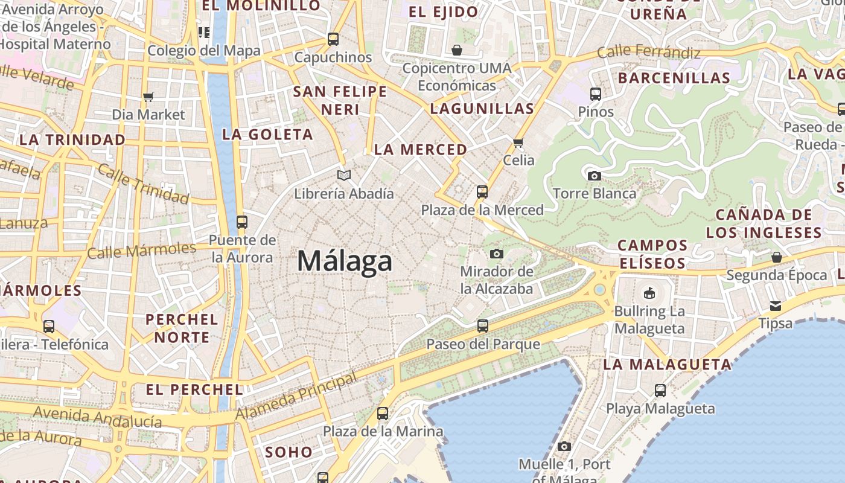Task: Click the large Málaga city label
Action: pyautogui.click(x=345, y=261)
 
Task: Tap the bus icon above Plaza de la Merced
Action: pyautogui.click(x=482, y=192)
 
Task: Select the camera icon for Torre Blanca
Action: pyautogui.click(x=594, y=176)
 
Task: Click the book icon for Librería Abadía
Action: pyautogui.click(x=344, y=175)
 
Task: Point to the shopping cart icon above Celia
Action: pyautogui.click(x=518, y=143)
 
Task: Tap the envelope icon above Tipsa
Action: pyautogui.click(x=775, y=305)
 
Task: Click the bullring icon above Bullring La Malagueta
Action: pyautogui.click(x=649, y=293)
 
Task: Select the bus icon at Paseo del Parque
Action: pyautogui.click(x=482, y=326)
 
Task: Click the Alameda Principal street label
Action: pyautogui.click(x=296, y=397)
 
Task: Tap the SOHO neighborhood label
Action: pyautogui.click(x=289, y=452)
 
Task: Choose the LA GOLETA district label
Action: pyautogui.click(x=267, y=134)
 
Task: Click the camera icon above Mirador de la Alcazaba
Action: pyautogui.click(x=497, y=254)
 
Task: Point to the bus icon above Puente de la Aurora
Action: pyautogui.click(x=242, y=222)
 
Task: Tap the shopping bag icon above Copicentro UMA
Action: pyautogui.click(x=457, y=50)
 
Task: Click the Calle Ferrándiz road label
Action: pyautogui.click(x=648, y=53)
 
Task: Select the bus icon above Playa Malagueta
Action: pyautogui.click(x=660, y=391)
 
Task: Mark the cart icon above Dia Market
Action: pyautogui.click(x=148, y=97)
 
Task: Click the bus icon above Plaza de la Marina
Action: pyautogui.click(x=383, y=414)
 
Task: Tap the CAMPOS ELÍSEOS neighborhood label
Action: pyautogui.click(x=652, y=254)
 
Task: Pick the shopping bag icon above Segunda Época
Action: pyautogui.click(x=776, y=257)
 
